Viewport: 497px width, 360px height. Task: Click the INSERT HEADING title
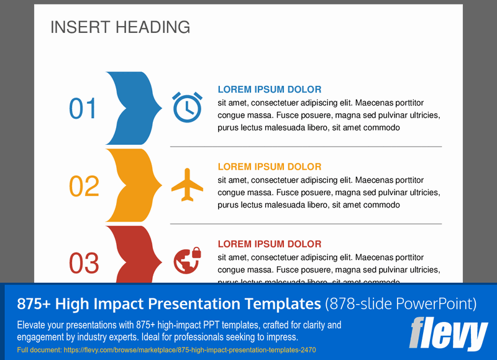pyautogui.click(x=120, y=27)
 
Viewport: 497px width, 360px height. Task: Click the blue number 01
pyautogui.click(x=83, y=109)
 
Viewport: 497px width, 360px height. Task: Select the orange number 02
pyautogui.click(x=84, y=187)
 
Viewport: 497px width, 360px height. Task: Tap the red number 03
pyautogui.click(x=84, y=264)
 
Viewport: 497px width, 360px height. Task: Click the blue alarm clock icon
pyautogui.click(x=187, y=107)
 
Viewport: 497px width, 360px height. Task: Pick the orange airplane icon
pyautogui.click(x=187, y=185)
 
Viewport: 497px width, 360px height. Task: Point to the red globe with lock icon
pyautogui.click(x=187, y=259)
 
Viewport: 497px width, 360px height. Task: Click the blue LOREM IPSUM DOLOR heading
pyautogui.click(x=269, y=90)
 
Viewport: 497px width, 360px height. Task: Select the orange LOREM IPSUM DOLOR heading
pyautogui.click(x=269, y=167)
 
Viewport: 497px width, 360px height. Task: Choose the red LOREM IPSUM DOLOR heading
pyautogui.click(x=269, y=244)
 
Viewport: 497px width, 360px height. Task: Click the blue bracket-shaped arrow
pyautogui.click(x=130, y=109)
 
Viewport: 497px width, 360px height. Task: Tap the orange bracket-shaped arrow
pyautogui.click(x=130, y=185)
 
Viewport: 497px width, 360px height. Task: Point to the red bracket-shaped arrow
pyautogui.click(x=130, y=255)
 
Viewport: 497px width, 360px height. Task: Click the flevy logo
pyautogui.click(x=448, y=334)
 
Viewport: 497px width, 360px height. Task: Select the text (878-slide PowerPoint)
pyautogui.click(x=401, y=304)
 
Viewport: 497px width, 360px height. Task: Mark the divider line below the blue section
pyautogui.click(x=306, y=147)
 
